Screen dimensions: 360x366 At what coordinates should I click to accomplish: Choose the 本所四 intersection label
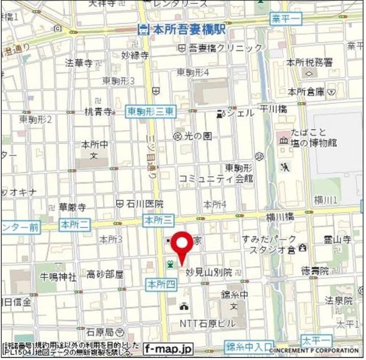159,283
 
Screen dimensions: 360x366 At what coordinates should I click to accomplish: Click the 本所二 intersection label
74,225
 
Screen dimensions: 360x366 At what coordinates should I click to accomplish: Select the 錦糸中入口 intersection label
249,346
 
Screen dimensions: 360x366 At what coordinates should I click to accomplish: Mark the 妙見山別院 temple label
208,272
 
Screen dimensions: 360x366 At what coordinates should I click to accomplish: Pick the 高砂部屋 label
105,275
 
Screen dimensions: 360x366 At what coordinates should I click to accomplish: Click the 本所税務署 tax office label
309,62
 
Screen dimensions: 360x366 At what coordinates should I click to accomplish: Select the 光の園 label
197,136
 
